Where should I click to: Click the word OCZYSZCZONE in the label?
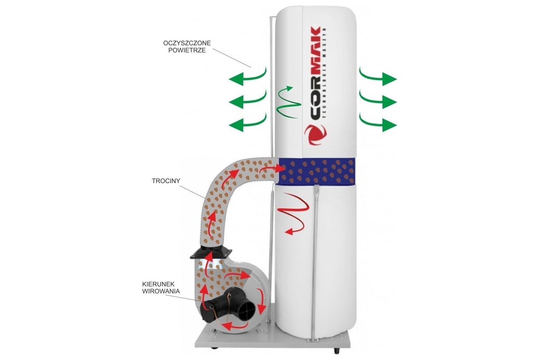(x=187, y=43)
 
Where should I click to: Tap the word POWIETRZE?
(x=187, y=50)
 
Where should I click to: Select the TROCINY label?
(x=166, y=181)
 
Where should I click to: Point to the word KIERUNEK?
(x=158, y=284)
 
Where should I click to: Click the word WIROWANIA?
(x=161, y=291)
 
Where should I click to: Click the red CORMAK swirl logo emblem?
(x=315, y=135)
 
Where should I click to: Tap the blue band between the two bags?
(x=317, y=171)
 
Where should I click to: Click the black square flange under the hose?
(x=211, y=254)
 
